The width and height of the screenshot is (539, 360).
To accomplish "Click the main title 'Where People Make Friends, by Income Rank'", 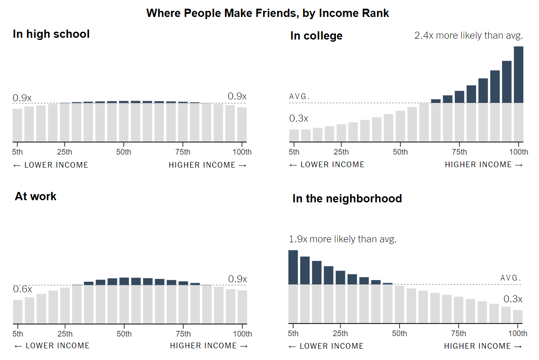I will click(268, 13).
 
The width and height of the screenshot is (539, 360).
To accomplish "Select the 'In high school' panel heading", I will click(51, 34).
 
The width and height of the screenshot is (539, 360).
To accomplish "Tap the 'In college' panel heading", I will click(316, 36).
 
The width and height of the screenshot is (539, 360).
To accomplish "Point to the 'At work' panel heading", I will click(36, 196).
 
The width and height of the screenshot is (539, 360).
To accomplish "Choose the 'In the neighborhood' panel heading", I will click(347, 198).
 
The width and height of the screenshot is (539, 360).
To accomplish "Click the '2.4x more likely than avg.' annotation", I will click(469, 36).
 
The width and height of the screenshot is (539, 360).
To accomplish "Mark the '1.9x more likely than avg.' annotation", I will click(343, 239).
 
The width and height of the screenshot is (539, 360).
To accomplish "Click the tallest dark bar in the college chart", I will click(518, 74).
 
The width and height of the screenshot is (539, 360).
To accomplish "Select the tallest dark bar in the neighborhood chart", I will click(293, 267).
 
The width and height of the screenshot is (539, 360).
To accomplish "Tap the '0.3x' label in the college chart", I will click(299, 118).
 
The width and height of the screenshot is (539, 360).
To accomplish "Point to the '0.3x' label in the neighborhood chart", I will click(513, 299).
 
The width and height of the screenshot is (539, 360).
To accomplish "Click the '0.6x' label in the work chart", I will click(22, 289).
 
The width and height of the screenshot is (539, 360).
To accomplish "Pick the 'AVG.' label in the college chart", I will click(300, 96).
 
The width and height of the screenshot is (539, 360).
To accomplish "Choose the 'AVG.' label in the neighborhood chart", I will click(511, 278).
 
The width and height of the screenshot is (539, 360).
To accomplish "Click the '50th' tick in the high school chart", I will click(124, 152).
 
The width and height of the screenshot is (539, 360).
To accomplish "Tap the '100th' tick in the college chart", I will click(519, 152).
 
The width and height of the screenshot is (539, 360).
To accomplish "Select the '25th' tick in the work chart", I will click(65, 334).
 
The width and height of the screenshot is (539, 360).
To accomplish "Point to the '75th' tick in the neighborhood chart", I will click(459, 334).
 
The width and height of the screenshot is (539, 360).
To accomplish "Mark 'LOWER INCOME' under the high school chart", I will click(51, 165).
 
